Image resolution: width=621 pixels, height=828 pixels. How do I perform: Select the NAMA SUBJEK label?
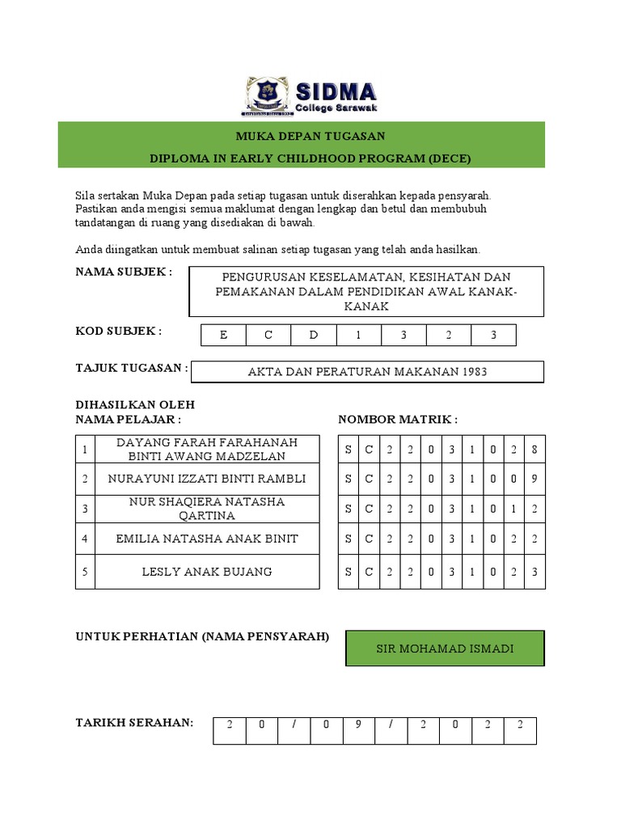124,272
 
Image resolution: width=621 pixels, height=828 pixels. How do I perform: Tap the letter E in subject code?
224,335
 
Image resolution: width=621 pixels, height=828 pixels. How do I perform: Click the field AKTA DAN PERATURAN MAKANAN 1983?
367,372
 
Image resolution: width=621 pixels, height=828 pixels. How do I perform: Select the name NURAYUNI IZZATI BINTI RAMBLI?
207,479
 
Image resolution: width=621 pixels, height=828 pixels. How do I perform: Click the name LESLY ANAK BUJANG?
207,572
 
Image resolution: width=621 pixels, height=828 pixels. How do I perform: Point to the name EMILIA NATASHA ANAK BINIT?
207,539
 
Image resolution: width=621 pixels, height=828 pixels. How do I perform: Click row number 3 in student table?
85,509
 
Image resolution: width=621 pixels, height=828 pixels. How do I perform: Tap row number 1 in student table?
85,449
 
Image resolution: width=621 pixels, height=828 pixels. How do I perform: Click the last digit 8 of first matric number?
534,449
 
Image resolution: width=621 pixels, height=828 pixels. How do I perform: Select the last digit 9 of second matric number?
534,479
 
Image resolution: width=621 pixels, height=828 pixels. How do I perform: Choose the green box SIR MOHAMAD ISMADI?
445,648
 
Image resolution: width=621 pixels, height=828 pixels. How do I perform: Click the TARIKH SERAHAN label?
134,722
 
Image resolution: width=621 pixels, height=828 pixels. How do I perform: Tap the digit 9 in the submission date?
357,725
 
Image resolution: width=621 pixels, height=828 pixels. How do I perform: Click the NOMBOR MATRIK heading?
398,420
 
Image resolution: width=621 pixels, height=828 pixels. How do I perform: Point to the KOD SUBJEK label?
119,331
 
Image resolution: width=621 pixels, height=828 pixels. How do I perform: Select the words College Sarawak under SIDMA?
336,108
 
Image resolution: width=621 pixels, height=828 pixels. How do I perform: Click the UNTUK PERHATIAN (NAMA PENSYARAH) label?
202,637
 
